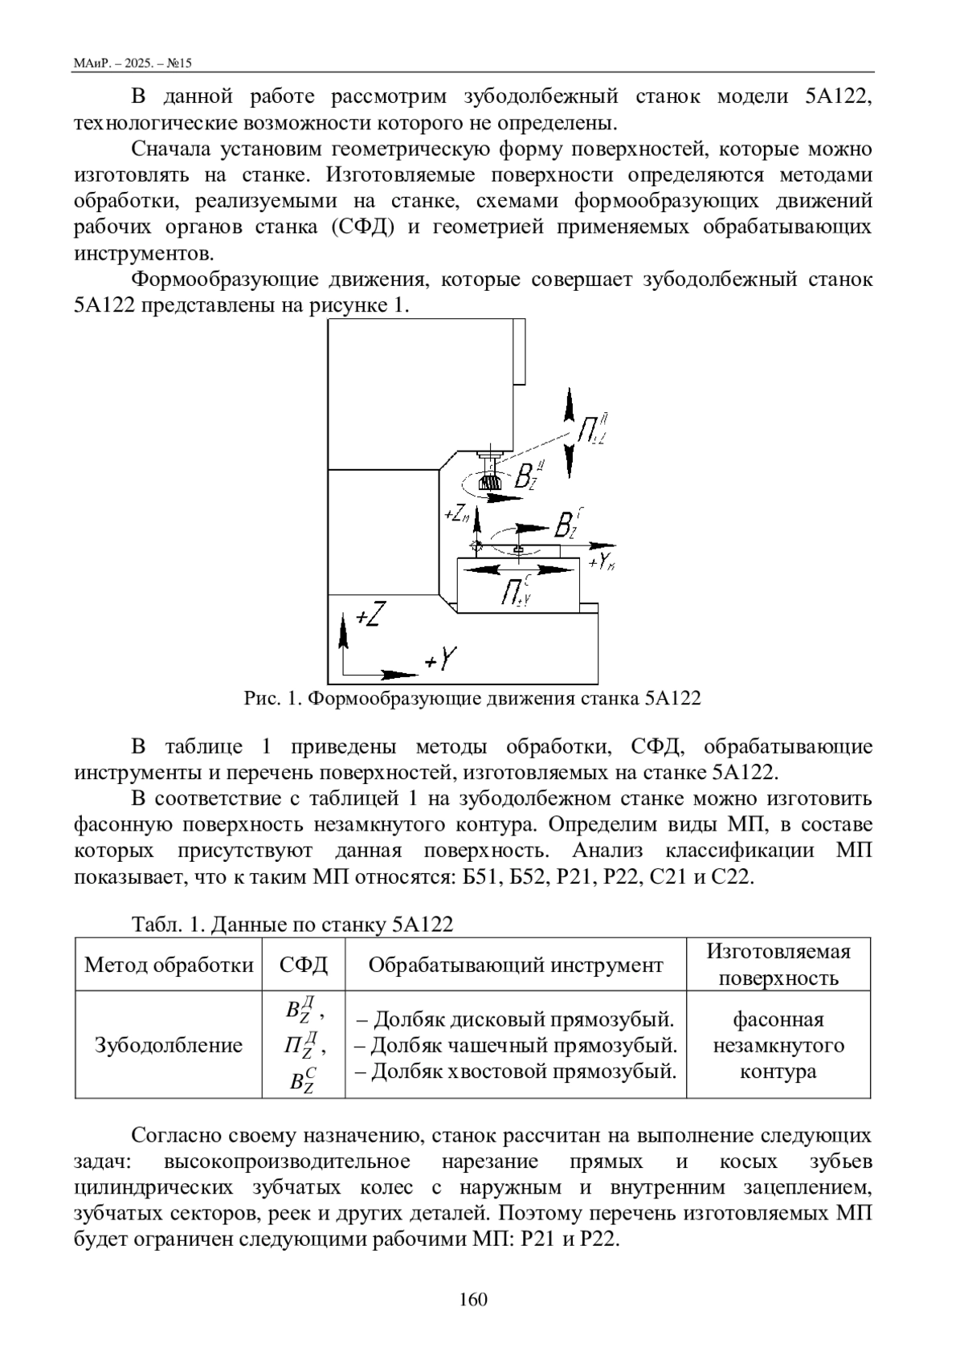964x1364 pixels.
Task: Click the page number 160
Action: (x=473, y=1299)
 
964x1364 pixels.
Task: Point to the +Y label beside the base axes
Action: (x=440, y=660)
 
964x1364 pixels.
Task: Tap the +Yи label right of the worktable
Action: (x=600, y=562)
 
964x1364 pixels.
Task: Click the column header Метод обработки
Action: (x=169, y=964)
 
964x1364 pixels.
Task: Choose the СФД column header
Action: (x=304, y=964)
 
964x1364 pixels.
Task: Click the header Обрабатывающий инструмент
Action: (x=516, y=964)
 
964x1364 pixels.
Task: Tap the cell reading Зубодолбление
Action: (x=169, y=1045)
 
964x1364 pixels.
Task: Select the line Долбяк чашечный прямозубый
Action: (x=515, y=1045)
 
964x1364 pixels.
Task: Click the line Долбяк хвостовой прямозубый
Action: (x=515, y=1071)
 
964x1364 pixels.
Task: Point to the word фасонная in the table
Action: (x=778, y=1019)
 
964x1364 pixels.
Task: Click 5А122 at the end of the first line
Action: (x=838, y=97)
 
